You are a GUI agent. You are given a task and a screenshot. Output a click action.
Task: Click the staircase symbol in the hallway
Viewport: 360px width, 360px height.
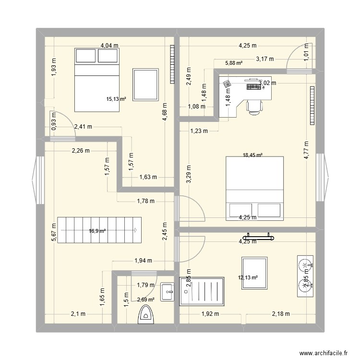point(100,230)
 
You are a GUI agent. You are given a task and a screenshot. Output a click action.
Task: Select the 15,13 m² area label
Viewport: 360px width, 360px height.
point(116,99)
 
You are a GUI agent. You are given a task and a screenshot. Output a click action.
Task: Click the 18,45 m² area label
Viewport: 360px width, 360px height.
point(252,155)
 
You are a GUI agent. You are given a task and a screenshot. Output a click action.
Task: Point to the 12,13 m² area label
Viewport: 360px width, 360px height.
point(248,277)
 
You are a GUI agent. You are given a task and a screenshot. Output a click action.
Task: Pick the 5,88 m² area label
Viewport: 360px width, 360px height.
point(233,63)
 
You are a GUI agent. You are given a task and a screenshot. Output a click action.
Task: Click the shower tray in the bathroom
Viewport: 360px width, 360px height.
point(202,291)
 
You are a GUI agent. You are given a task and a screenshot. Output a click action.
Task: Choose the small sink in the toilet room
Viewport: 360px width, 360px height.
point(168,291)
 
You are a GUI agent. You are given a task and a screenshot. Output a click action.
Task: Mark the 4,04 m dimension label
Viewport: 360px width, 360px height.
point(109,46)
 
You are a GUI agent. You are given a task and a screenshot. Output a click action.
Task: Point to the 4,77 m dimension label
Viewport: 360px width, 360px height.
point(306,151)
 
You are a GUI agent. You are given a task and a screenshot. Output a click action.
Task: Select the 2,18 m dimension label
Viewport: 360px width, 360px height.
point(281,314)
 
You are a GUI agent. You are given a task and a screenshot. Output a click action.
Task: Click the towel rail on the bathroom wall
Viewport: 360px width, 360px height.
point(259,236)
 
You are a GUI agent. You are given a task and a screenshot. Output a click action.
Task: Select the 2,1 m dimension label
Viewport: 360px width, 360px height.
point(78,314)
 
